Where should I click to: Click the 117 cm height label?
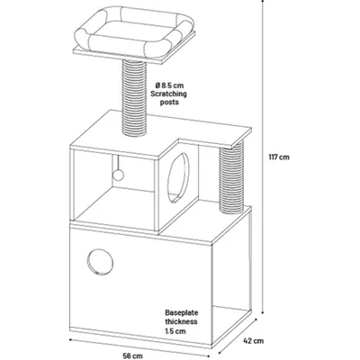pyautogui.click(x=279, y=157)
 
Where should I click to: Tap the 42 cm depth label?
pyautogui.click(x=254, y=341)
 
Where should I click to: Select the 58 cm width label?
pyautogui.click(x=132, y=356)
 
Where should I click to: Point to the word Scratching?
pyautogui.click(x=168, y=94)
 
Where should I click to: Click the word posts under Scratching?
pyautogui.click(x=169, y=103)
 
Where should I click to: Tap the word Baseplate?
pyautogui.click(x=182, y=313)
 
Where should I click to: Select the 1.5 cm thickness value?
pyautogui.click(x=175, y=331)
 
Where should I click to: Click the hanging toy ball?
pyautogui.click(x=119, y=175)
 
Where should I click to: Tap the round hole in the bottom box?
pyautogui.click(x=100, y=262)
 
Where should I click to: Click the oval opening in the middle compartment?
pyautogui.click(x=178, y=177)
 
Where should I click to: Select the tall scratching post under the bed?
pyautogui.click(x=135, y=96)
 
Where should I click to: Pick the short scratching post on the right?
pyautogui.click(x=232, y=177)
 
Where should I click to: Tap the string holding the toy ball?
pyautogui.click(x=118, y=163)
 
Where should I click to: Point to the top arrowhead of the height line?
pyautogui.click(x=263, y=1)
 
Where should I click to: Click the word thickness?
pyautogui.click(x=181, y=321)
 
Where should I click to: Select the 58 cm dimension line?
pyautogui.click(x=139, y=348)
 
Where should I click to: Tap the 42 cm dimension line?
pyautogui.click(x=237, y=337)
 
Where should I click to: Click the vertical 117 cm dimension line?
pyautogui.click(x=263, y=157)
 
